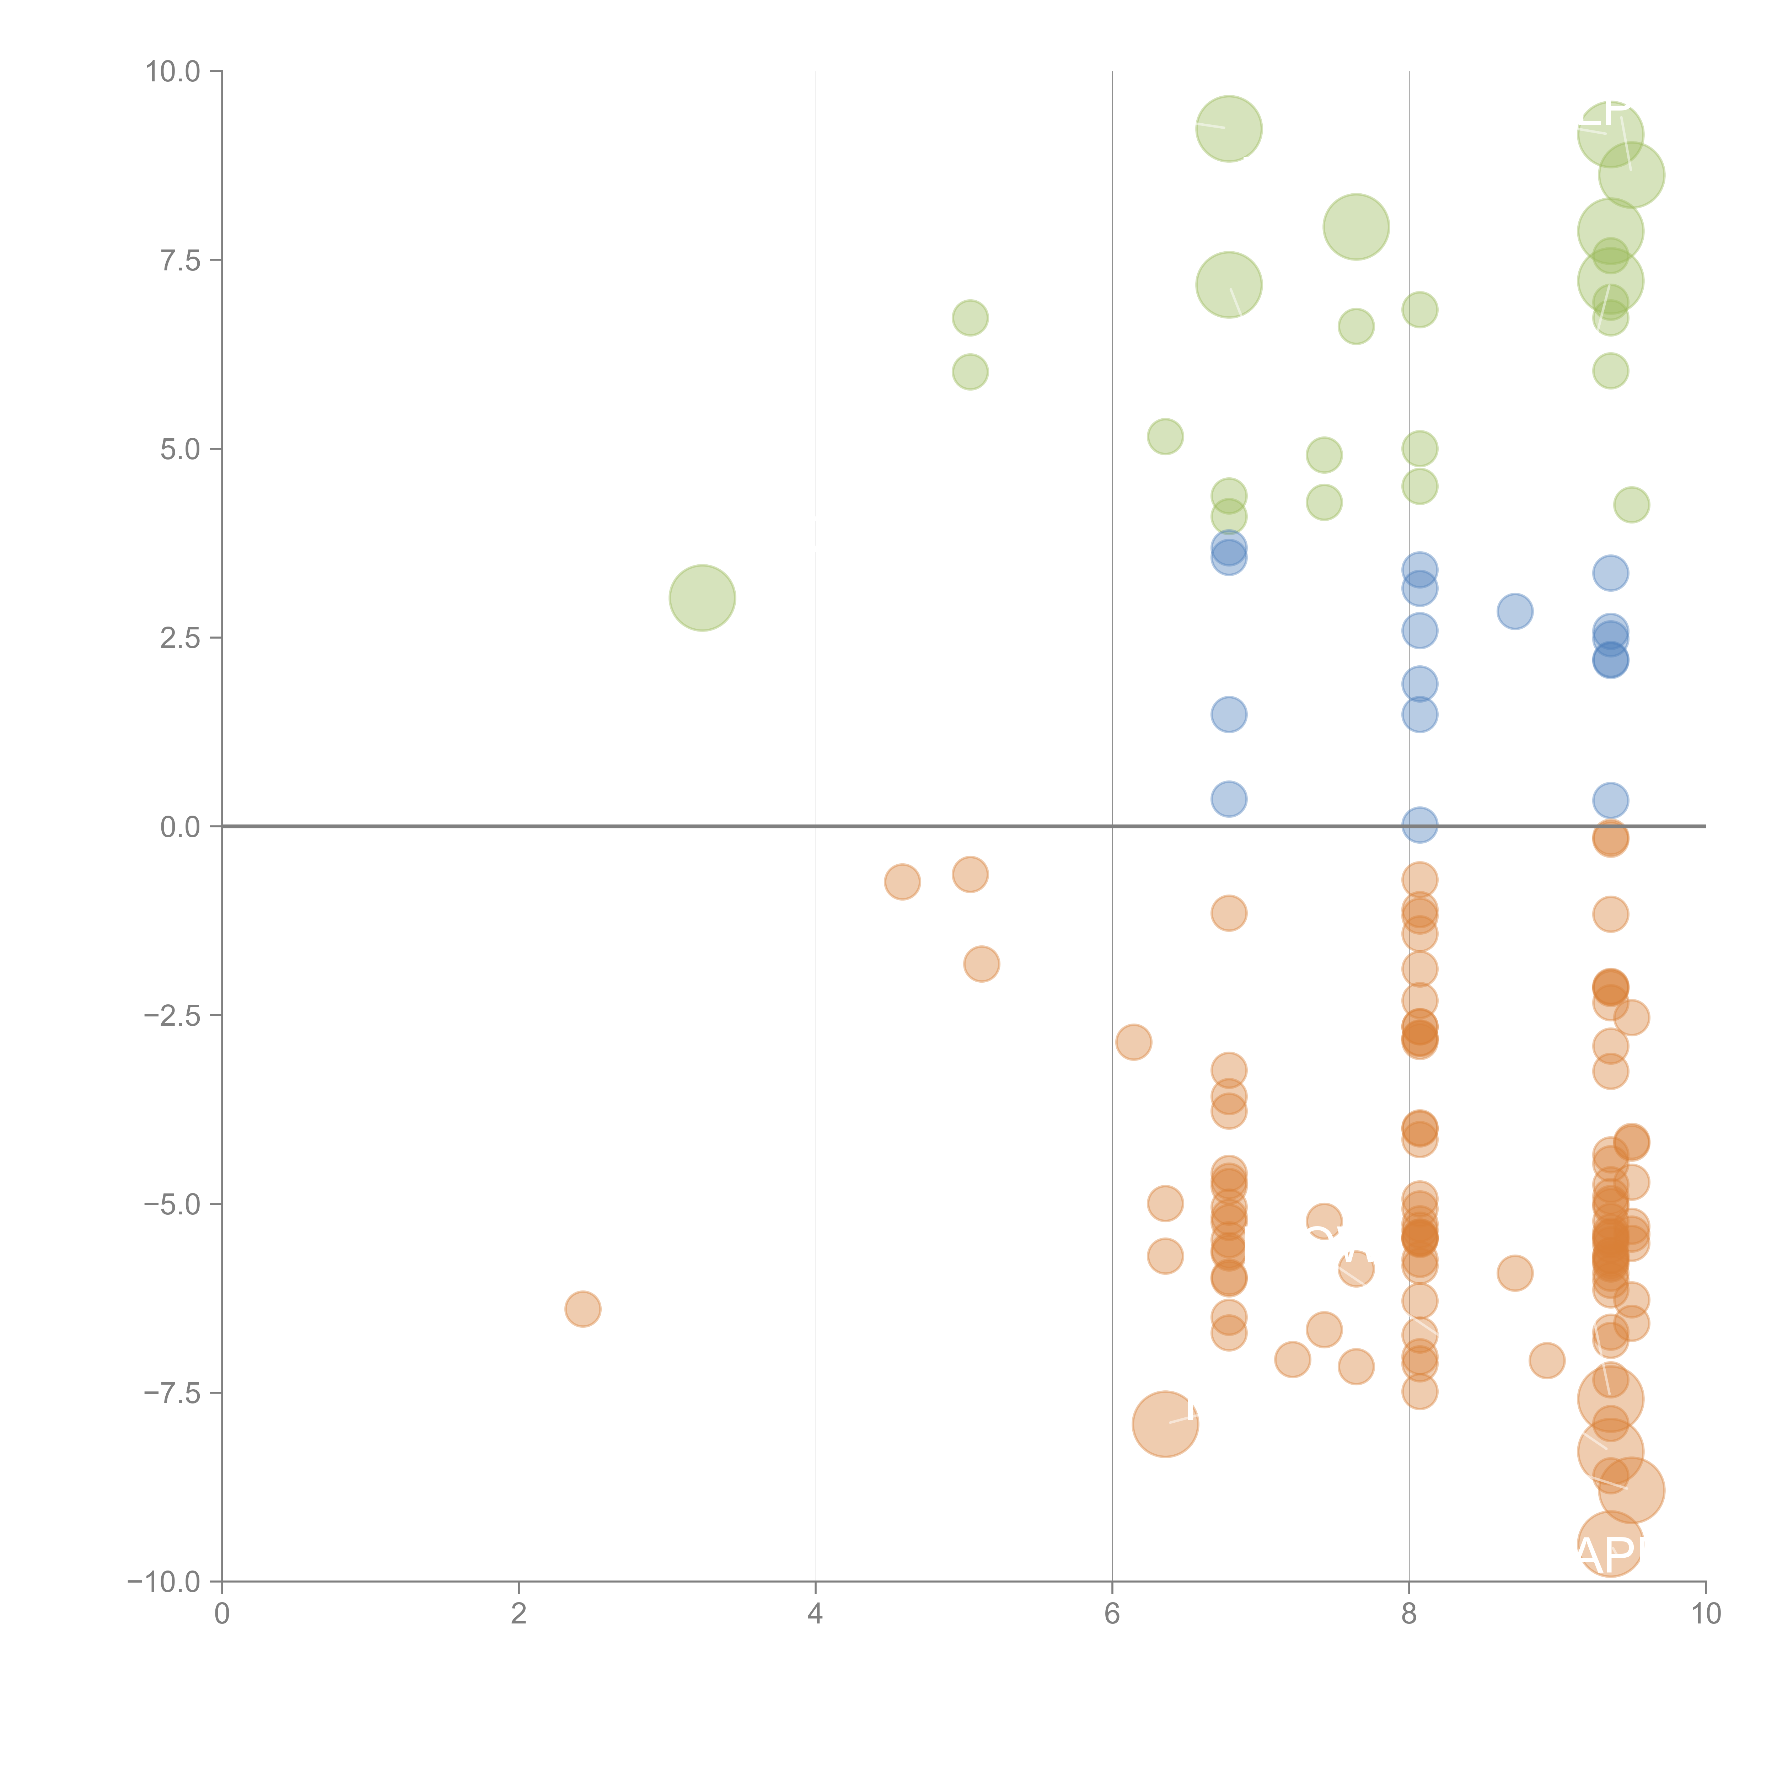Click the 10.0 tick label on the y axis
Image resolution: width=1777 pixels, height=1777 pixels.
173,72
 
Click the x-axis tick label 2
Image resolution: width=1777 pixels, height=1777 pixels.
519,1613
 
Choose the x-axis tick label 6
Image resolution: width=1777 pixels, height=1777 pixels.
1112,1613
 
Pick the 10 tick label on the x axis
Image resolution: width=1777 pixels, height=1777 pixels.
1705,1613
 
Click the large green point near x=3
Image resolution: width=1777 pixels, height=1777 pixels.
702,598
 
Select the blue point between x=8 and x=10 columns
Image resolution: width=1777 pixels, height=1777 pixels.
1515,611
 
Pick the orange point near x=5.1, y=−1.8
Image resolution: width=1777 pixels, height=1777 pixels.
981,964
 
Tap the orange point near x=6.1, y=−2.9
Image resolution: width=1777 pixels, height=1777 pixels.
1133,1042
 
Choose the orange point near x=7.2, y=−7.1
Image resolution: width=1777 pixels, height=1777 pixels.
1292,1359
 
